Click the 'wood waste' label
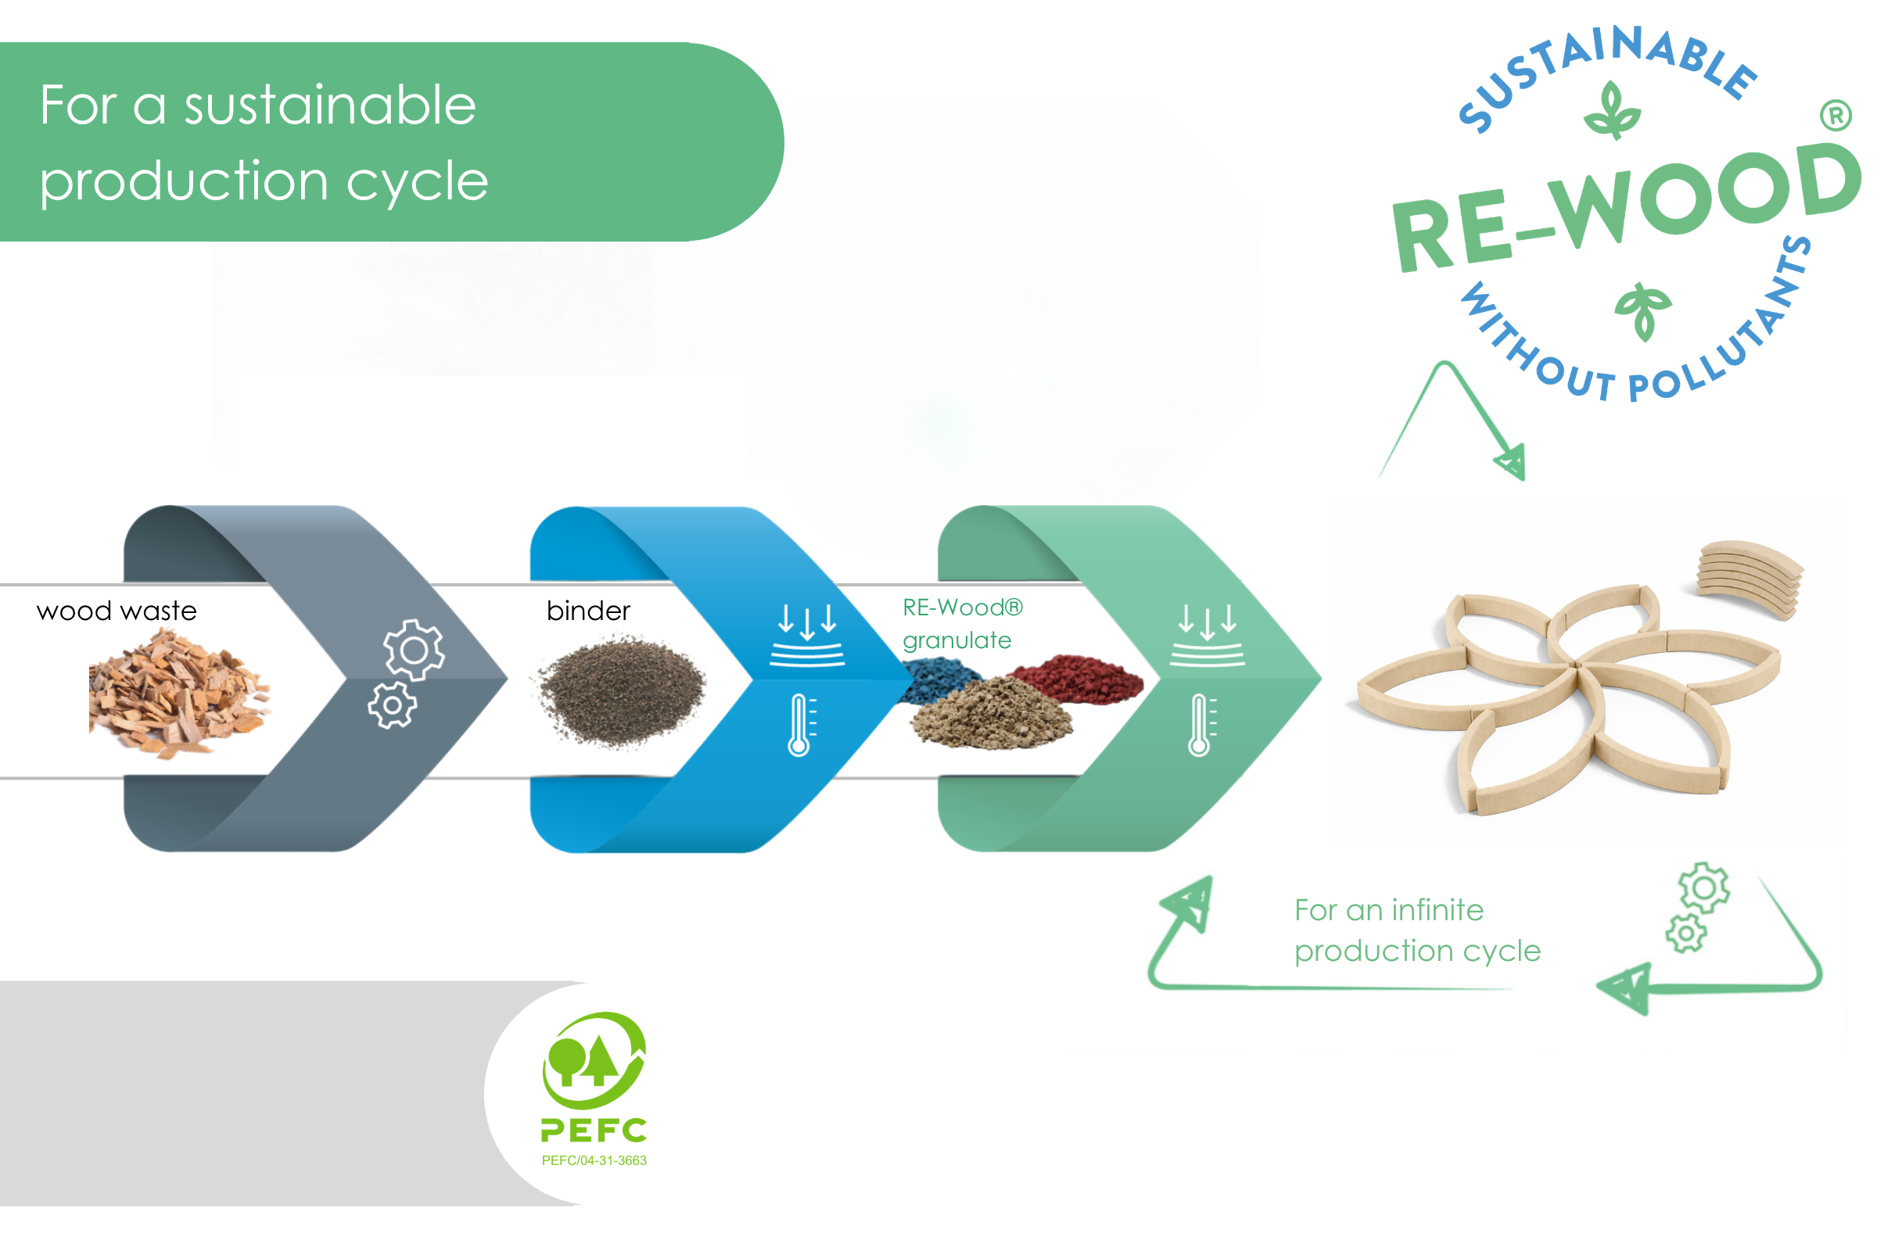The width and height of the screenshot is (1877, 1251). tap(117, 611)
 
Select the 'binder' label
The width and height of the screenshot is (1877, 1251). tap(588, 611)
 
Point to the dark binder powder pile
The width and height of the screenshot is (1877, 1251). tap(621, 691)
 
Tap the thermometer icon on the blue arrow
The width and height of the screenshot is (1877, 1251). tap(800, 726)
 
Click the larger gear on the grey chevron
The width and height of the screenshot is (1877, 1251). tap(414, 651)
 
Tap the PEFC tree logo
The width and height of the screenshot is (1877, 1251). tap(594, 1060)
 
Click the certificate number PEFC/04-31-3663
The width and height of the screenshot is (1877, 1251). tap(594, 1161)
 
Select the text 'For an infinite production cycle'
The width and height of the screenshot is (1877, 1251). tap(1416, 930)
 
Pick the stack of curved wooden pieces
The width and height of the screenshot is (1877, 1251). tap(1750, 579)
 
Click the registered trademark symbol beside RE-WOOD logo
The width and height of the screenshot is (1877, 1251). tap(1836, 116)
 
